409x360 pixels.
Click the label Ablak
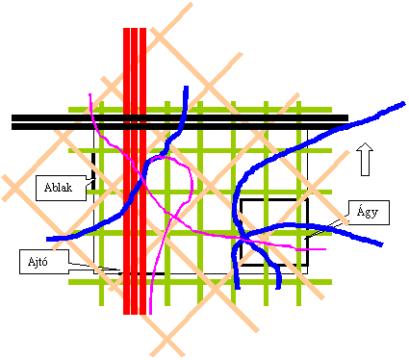(58, 188)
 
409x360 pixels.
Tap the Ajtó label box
(44, 262)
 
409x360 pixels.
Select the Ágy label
(369, 213)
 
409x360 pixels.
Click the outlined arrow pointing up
(365, 159)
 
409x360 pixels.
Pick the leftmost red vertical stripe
(126, 171)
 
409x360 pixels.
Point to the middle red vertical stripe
(135, 171)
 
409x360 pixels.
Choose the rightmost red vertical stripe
(142, 171)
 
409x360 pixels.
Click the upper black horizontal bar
(180, 117)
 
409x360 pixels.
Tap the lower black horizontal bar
(180, 126)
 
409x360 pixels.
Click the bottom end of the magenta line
(150, 313)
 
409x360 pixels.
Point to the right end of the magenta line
(324, 249)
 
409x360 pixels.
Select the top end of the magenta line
(90, 94)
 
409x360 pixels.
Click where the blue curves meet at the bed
(243, 238)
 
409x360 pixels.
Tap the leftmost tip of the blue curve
(47, 239)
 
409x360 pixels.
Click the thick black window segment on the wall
(93, 166)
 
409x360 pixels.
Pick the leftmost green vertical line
(101, 203)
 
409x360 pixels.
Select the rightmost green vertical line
(298, 203)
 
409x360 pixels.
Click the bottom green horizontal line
(200, 282)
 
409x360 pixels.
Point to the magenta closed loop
(192, 183)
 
